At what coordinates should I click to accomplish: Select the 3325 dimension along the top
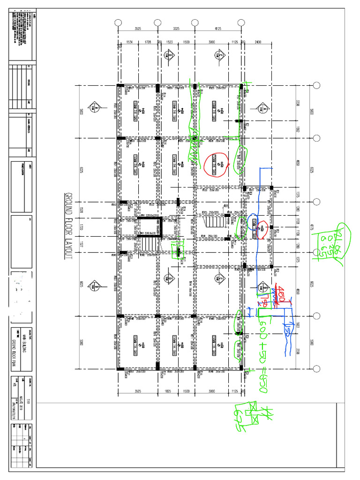pos(176,29)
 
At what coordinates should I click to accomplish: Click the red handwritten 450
pos(282,296)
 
